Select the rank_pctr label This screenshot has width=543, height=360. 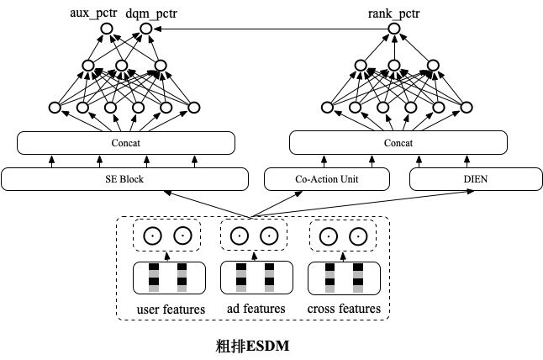tap(396, 13)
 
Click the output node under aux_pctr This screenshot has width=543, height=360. tap(107, 29)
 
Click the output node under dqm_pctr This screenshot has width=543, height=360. tap(145, 29)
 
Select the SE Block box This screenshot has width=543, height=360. tap(125, 178)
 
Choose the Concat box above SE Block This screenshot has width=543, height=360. tap(125, 143)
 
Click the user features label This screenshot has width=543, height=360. tap(171, 310)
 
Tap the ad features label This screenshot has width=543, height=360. tap(256, 310)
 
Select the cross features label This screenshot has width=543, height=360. tap(345, 310)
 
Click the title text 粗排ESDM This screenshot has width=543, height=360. tap(253, 345)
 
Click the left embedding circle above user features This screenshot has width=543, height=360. tap(152, 236)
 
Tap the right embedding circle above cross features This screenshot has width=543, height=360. tap(358, 236)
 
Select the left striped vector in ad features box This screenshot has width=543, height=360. tap(241, 278)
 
